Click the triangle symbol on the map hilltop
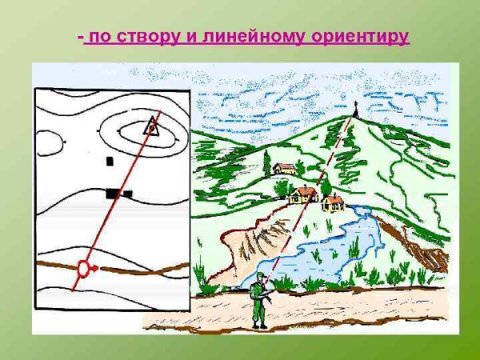click(150, 125)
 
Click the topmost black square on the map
click(110, 162)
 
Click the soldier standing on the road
click(259, 300)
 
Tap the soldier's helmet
click(259, 278)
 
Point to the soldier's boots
click(258, 324)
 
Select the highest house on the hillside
click(284, 169)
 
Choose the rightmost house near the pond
click(333, 203)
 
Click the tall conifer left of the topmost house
click(266, 164)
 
